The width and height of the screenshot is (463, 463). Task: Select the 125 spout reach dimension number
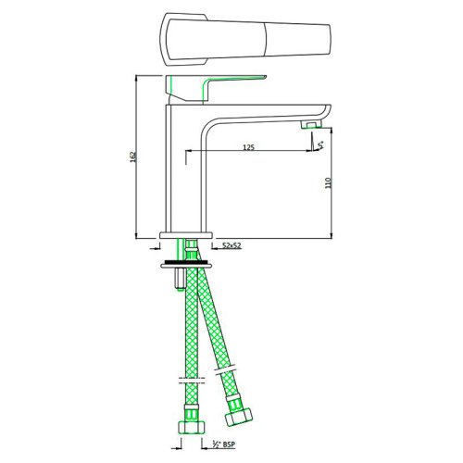pos(248,147)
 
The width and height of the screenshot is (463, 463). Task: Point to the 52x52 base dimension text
pos(233,246)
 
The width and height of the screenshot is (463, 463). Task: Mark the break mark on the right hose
pos(224,372)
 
